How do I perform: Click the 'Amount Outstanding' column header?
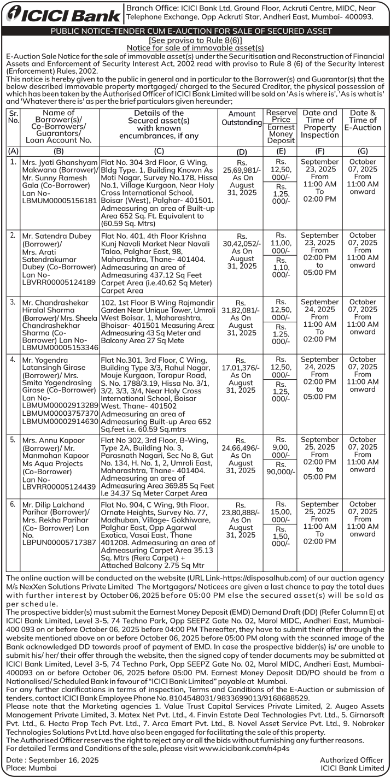pos(242,119)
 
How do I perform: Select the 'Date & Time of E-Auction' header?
pos(363,120)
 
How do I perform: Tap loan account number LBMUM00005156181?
pos(60,201)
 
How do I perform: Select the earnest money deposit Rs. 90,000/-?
pos(281,468)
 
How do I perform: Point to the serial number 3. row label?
pos(13,302)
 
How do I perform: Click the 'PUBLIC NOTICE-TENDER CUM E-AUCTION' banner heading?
pos(195,31)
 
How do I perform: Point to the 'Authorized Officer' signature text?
pos(352,760)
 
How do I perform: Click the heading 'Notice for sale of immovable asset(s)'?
pos(195,48)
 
